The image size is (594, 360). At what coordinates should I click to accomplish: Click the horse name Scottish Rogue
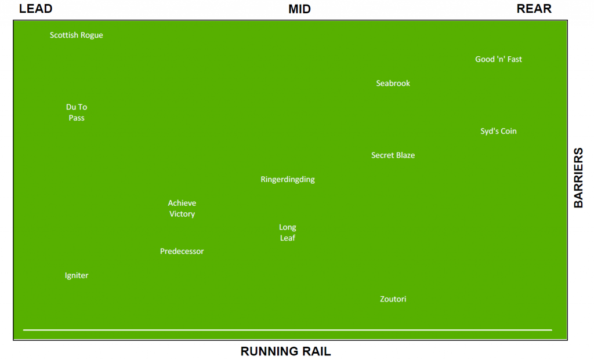pos(76,35)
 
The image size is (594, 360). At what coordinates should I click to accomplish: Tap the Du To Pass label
pos(77,112)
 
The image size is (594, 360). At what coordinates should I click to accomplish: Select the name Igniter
pos(77,275)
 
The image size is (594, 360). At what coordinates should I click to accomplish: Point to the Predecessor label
pos(182,252)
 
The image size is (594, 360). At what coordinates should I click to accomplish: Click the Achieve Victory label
pos(182,209)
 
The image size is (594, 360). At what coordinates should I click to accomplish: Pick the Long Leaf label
pos(288,232)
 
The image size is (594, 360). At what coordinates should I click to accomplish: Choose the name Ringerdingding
pos(288,180)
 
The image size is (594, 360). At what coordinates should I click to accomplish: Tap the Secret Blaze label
pos(393,155)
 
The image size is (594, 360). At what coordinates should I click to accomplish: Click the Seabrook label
pos(393,83)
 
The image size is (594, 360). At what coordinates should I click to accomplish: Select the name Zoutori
pos(393,299)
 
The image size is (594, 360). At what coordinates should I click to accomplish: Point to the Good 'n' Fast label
pos(498,59)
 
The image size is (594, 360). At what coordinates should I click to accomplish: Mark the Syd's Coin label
pos(498,131)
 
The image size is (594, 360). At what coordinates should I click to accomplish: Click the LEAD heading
pos(35,9)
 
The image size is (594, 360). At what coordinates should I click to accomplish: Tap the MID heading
pos(299,9)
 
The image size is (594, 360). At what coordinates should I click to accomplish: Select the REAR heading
pos(534,9)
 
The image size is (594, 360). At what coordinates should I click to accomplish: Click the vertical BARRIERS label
pos(578,178)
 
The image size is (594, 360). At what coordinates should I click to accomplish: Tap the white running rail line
pos(288,330)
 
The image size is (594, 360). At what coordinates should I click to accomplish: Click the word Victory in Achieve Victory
pos(182,214)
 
